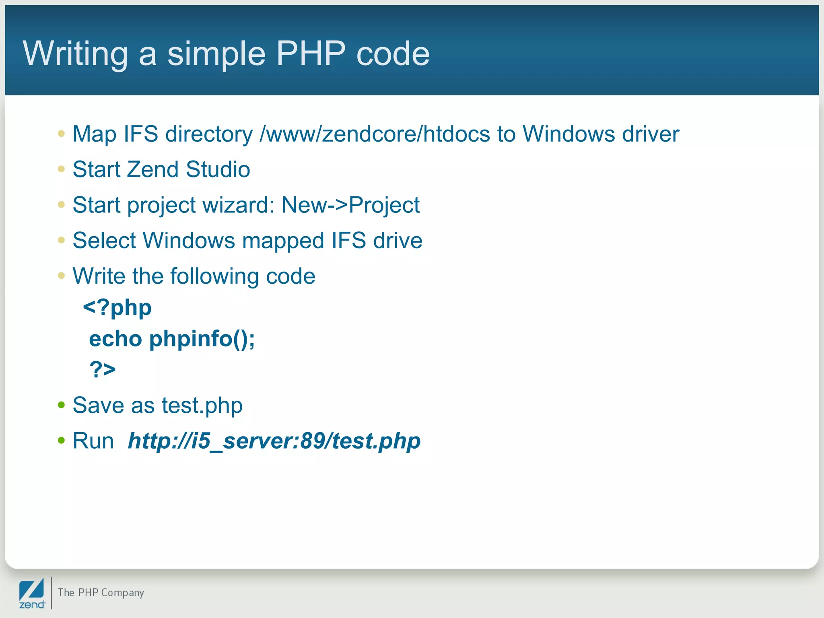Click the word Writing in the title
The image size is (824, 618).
coord(76,54)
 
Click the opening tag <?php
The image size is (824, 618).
coord(117,308)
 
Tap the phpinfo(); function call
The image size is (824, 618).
coord(202,339)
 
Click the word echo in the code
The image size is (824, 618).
coord(115,339)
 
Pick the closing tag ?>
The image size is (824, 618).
coord(103,369)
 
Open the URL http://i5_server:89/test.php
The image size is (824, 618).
coord(274,441)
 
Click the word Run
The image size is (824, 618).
coord(93,441)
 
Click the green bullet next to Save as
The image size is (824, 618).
coord(61,405)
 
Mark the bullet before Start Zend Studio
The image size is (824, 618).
coord(61,169)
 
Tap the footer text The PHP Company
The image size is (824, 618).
coord(101,593)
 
